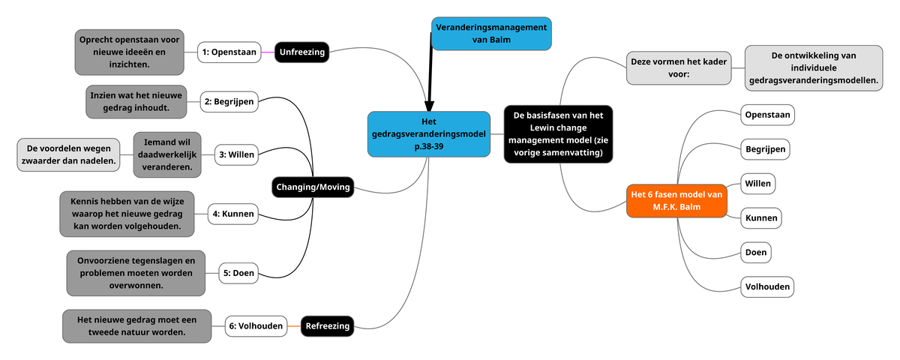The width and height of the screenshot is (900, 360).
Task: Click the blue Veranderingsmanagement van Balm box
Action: (x=491, y=34)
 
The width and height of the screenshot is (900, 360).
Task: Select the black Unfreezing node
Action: (x=301, y=52)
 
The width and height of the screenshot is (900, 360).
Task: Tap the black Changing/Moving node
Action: (x=313, y=187)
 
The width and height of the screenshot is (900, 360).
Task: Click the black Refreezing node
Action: (x=327, y=325)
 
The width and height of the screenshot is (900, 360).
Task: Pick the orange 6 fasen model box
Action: (x=676, y=200)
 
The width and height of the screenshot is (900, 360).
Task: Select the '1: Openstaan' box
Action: (x=229, y=52)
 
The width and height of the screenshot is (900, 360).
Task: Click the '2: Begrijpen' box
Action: (x=229, y=101)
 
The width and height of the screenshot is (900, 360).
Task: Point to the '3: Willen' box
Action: (x=235, y=155)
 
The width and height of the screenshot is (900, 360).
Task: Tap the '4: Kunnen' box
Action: (x=233, y=214)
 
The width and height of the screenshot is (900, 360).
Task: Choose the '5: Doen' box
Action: (x=238, y=273)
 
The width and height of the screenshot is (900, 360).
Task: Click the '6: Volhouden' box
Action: (x=256, y=325)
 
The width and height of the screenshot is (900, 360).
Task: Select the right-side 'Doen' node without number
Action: (x=755, y=252)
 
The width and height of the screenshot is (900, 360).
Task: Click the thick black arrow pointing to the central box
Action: (x=430, y=75)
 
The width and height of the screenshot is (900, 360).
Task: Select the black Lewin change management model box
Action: (x=558, y=134)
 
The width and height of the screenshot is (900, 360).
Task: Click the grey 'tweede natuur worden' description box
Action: (x=136, y=325)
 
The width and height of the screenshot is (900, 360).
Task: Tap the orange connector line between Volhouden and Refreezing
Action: (x=294, y=326)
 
